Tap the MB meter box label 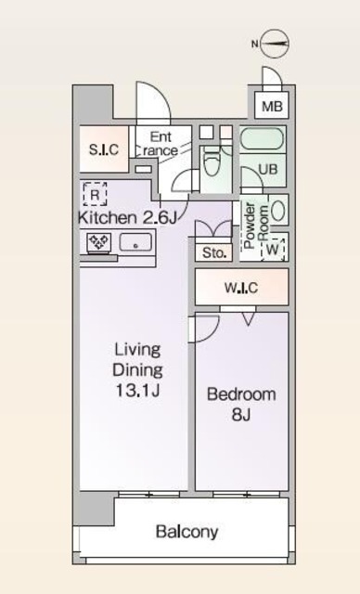pyautogui.click(x=272, y=106)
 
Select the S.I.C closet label pyautogui.click(x=104, y=149)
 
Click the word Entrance pyautogui.click(x=161, y=144)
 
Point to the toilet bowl pyautogui.click(x=212, y=163)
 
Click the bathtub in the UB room pyautogui.click(x=262, y=139)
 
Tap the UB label pyautogui.click(x=267, y=169)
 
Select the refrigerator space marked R pyautogui.click(x=95, y=194)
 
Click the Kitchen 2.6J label pyautogui.click(x=127, y=218)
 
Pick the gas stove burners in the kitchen pyautogui.click(x=98, y=242)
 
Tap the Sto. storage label pyautogui.click(x=214, y=252)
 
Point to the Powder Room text pyautogui.click(x=256, y=225)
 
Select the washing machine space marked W pyautogui.click(x=273, y=250)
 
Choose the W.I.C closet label pyautogui.click(x=241, y=288)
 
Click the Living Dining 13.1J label pyautogui.click(x=138, y=370)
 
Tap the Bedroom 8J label pyautogui.click(x=241, y=405)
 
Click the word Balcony pyautogui.click(x=187, y=532)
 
